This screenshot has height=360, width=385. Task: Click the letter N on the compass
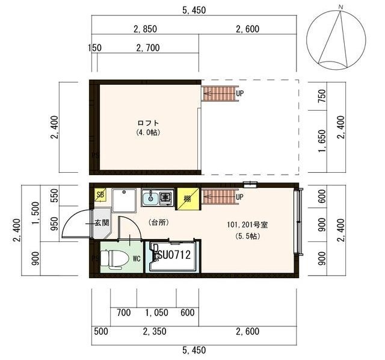[340, 7]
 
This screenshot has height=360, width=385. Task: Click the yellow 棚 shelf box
[187, 199]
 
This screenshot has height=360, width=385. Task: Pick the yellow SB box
[100, 194]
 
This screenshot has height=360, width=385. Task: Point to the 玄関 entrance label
[100, 223]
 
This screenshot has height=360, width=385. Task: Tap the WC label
[137, 259]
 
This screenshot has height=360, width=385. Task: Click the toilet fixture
[114, 258]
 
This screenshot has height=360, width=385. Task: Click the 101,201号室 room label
[247, 225]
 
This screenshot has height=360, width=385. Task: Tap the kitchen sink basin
[150, 197]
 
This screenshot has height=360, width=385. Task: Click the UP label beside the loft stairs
[239, 94]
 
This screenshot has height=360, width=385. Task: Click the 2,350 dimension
[154, 331]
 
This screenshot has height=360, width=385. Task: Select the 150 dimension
[94, 48]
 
